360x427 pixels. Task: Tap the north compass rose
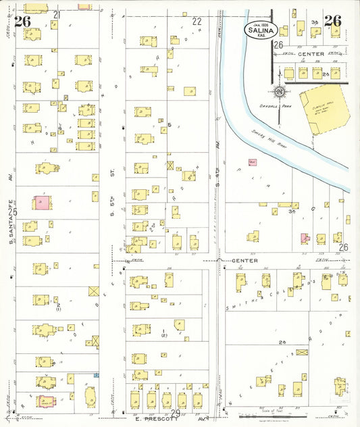(279, 92)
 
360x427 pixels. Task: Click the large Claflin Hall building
(323, 108)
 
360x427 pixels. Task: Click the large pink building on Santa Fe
(42, 203)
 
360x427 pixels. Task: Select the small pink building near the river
(253, 162)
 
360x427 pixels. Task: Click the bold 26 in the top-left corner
(22, 21)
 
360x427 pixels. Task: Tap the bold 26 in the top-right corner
(332, 21)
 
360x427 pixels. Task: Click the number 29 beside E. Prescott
(175, 413)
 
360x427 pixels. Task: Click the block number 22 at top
(197, 21)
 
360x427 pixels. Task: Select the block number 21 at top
(57, 14)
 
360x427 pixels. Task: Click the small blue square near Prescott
(96, 375)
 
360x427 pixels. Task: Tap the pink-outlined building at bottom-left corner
(46, 401)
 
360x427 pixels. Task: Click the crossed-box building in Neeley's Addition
(301, 353)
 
